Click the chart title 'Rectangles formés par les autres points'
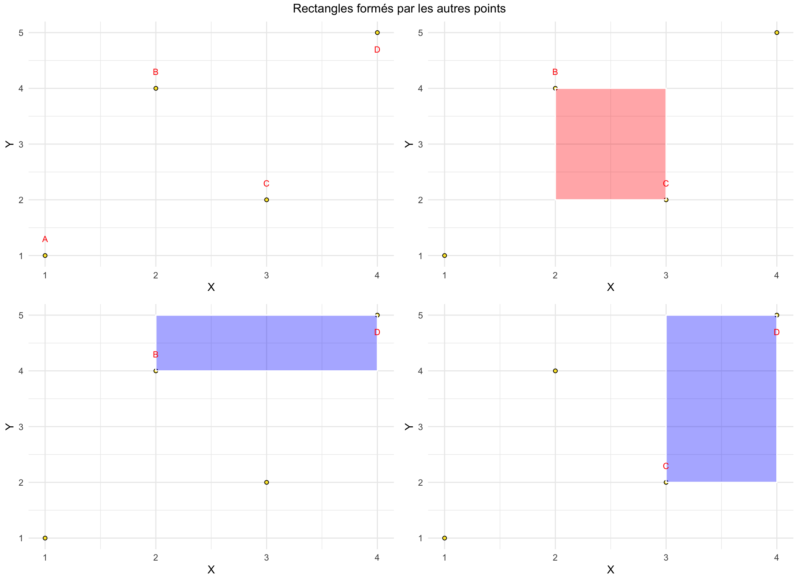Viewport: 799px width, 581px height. [399, 9]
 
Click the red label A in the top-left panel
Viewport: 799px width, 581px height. [45, 239]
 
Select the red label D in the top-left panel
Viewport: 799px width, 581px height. [377, 50]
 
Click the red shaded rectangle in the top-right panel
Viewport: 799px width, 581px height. [610, 144]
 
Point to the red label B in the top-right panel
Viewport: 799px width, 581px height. [555, 72]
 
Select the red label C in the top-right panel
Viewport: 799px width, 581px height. [666, 184]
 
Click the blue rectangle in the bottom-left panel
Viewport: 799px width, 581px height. [266, 343]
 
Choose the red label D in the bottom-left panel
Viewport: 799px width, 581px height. [377, 332]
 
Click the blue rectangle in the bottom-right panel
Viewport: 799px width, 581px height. [721, 399]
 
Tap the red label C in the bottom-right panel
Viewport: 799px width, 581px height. [666, 466]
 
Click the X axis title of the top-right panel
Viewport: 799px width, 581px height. [610, 287]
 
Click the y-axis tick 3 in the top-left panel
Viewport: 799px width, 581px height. [21, 144]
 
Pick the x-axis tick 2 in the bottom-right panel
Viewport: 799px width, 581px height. [555, 557]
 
